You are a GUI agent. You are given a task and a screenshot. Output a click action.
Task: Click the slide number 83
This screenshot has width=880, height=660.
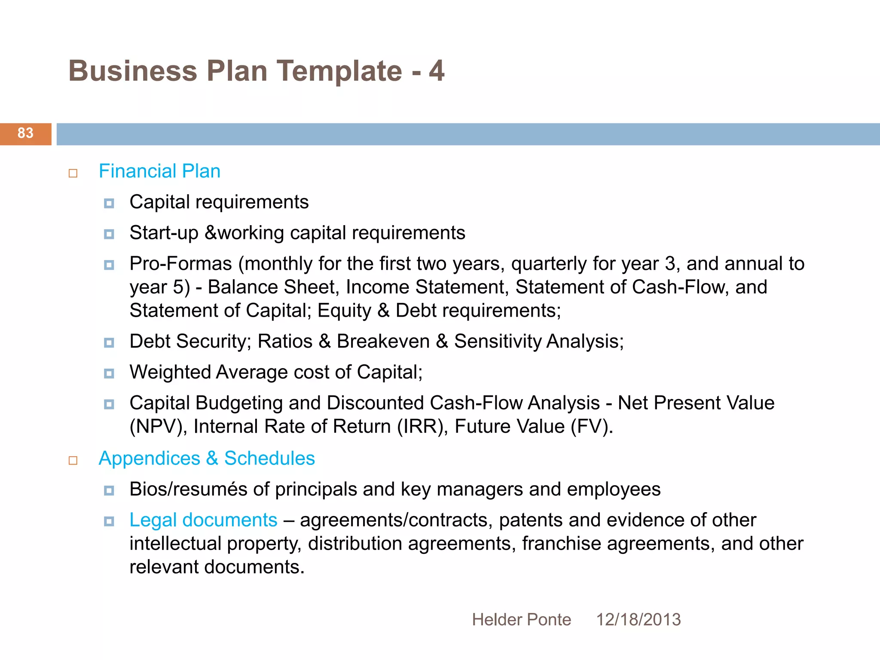coord(25,133)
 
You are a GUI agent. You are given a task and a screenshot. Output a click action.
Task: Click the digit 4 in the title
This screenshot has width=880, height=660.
coord(437,71)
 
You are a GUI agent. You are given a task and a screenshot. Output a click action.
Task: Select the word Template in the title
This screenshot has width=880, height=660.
coord(339,71)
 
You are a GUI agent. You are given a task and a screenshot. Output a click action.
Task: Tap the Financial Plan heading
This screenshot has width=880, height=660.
coord(159,171)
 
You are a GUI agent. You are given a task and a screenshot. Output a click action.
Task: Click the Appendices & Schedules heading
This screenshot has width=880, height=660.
coord(207,458)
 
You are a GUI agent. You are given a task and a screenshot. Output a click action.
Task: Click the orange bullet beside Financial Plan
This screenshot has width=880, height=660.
coord(73,173)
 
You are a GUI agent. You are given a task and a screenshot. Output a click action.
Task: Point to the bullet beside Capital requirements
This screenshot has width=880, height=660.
coord(109,203)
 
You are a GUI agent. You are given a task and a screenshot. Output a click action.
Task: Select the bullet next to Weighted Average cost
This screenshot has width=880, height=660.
coord(109,373)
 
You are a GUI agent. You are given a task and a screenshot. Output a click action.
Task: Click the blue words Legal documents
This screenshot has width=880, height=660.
coord(203,520)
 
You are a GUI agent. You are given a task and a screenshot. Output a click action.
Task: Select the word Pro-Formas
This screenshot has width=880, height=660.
coord(180,264)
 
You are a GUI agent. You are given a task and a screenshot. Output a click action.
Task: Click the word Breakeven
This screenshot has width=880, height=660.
coord(383,342)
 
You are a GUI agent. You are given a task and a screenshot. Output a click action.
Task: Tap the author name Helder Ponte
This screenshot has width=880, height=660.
coord(521,620)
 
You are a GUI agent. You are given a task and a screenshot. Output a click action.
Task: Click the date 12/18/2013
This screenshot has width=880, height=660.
coord(638,620)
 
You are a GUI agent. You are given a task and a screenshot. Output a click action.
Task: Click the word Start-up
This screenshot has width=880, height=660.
coord(164,233)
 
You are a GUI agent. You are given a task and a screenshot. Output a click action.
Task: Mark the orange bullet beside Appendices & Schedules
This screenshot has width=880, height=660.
coord(73,461)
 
